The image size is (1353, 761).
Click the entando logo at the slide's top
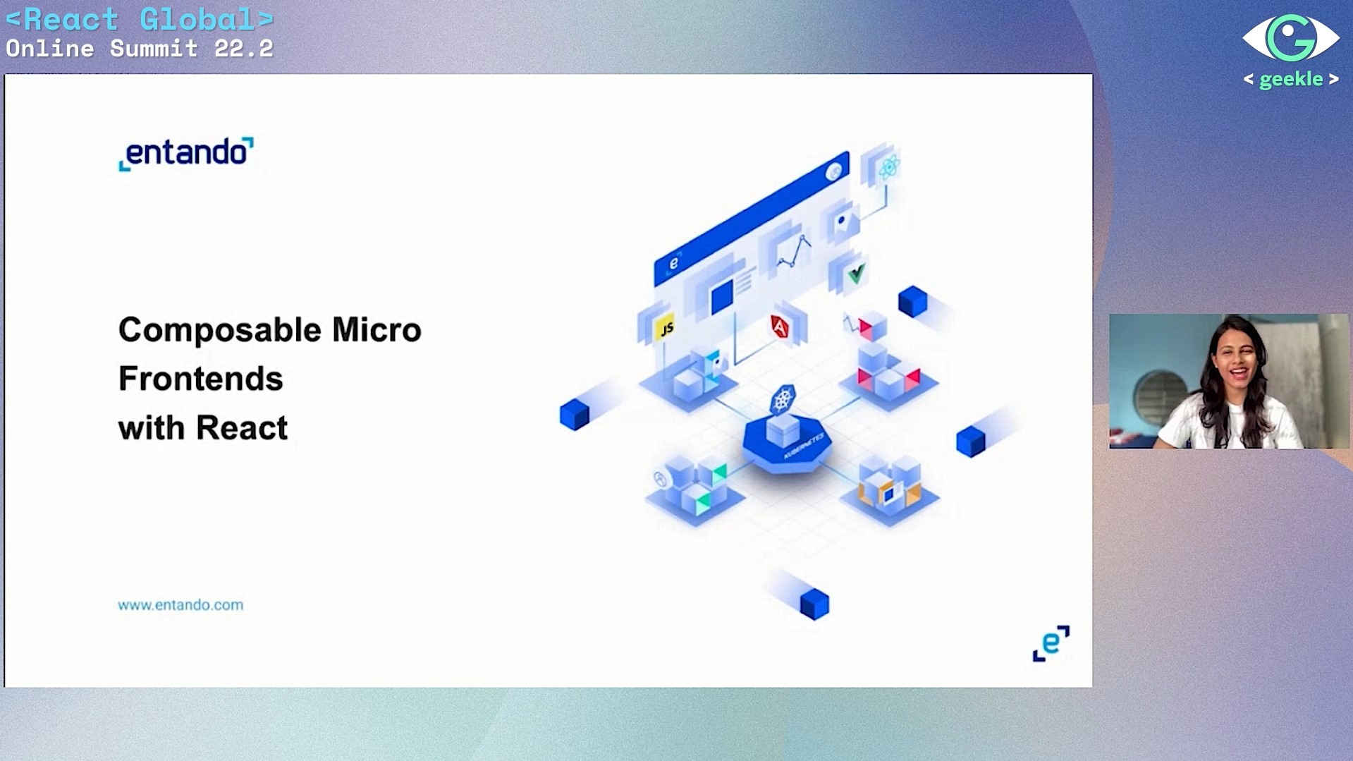pos(186,153)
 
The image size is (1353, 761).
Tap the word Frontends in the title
pos(200,379)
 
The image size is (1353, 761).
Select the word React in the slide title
pos(242,427)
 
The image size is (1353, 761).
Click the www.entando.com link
pos(180,604)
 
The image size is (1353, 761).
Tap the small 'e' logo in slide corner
pos(1051,643)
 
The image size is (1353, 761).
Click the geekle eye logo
pos(1291,38)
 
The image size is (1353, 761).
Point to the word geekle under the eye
pos(1291,80)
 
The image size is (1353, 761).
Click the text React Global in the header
pos(140,20)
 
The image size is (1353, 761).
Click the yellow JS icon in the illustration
pos(666,328)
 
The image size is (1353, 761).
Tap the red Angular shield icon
pos(779,326)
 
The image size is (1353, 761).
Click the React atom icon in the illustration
pos(889,166)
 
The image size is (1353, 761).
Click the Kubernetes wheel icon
pos(783,400)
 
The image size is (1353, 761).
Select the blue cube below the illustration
pos(814,604)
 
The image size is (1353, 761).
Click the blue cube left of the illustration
pos(574,414)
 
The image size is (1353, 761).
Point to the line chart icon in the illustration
pos(794,252)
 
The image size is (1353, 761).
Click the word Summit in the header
pos(154,49)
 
